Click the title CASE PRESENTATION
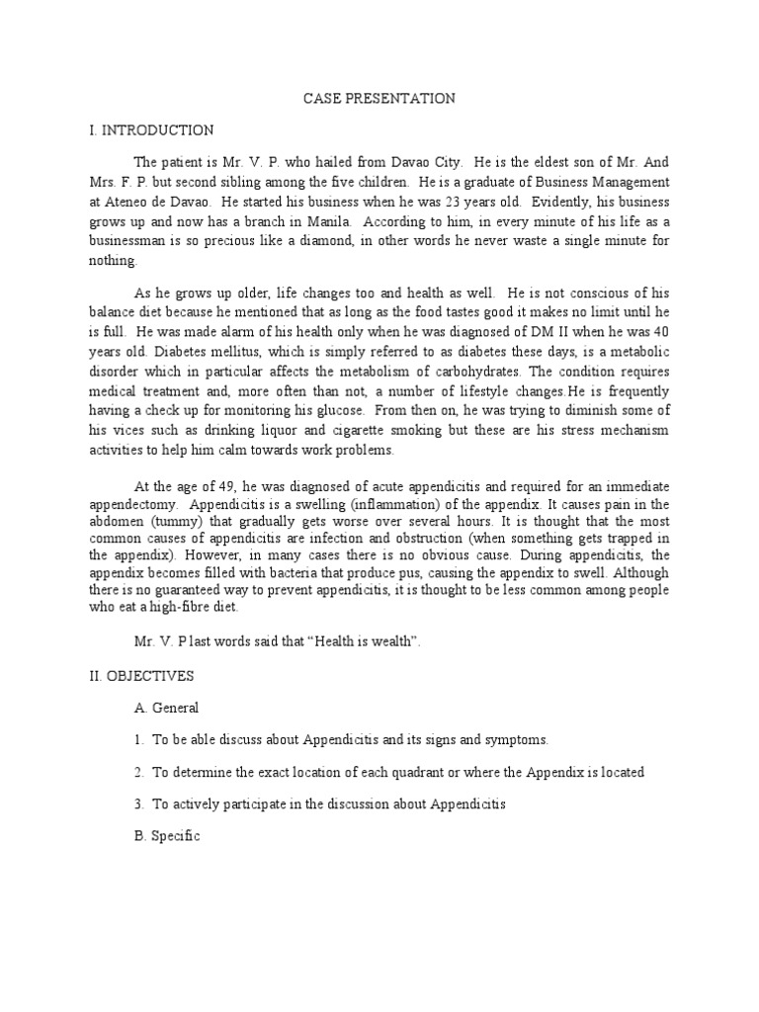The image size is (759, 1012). click(379, 98)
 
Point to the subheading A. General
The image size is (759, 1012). click(166, 708)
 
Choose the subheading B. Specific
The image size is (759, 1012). click(167, 836)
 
